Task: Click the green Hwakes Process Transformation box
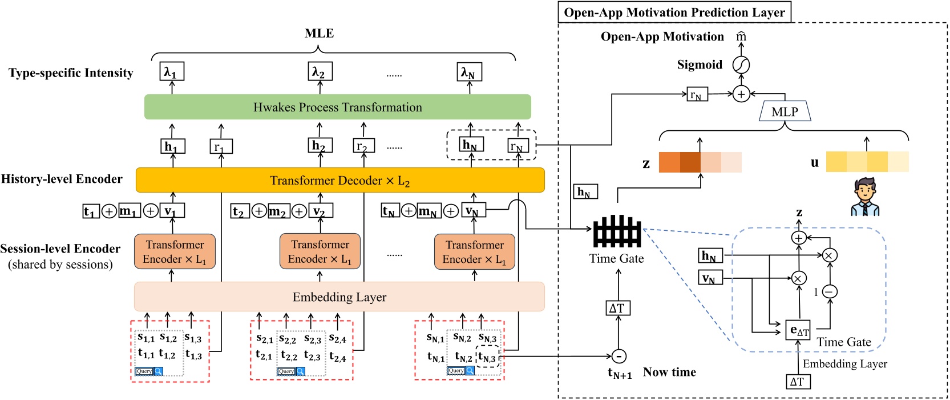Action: (x=337, y=107)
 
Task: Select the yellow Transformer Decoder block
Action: (x=340, y=181)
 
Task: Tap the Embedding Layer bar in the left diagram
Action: (x=339, y=297)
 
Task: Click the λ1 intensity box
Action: (x=172, y=73)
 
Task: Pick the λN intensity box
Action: (x=470, y=73)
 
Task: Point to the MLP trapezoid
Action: (x=785, y=112)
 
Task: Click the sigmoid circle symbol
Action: (x=741, y=65)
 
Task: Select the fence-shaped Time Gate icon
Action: (x=617, y=231)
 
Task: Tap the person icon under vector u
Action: (x=866, y=197)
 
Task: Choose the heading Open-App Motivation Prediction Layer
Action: (x=674, y=13)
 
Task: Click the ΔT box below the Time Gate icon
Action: (x=617, y=309)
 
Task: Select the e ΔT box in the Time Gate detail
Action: (x=798, y=330)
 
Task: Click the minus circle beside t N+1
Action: (x=618, y=357)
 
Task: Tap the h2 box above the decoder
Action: (x=318, y=146)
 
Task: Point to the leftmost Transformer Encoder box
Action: (x=175, y=252)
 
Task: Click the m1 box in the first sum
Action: (x=128, y=211)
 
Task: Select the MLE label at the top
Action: (x=319, y=33)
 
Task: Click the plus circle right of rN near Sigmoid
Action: (x=741, y=94)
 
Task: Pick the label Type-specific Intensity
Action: (x=71, y=73)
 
